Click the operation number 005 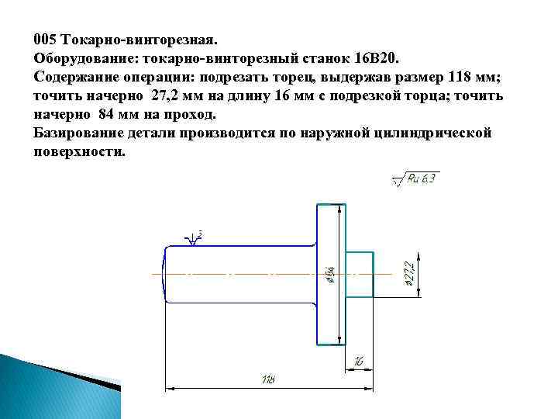[44, 38]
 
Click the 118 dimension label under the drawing [269, 379]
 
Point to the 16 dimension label [358, 360]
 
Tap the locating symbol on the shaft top [194, 237]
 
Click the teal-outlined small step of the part [358, 274]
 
